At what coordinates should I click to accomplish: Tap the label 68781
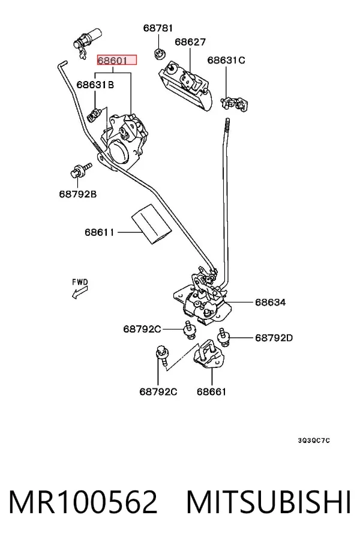158,28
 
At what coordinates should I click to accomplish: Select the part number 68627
190,42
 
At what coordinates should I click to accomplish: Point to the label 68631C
226,60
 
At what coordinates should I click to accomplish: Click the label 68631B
95,85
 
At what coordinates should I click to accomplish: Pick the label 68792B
78,194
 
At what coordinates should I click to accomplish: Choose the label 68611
100,232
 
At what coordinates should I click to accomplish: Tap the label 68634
271,302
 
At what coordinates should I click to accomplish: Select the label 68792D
274,337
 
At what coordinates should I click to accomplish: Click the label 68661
211,392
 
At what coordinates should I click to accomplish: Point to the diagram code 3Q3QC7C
314,441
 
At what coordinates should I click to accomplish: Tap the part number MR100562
83,502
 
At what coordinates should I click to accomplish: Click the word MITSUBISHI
268,502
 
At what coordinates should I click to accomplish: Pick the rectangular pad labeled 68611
151,224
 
